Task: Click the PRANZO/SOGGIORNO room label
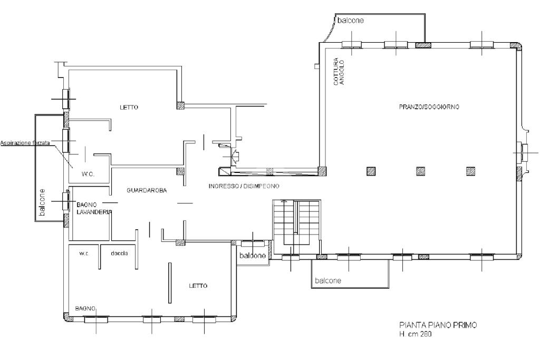(x=429, y=107)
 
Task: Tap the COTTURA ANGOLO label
(x=339, y=72)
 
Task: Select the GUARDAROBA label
(x=147, y=190)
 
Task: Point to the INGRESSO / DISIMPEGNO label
(x=244, y=186)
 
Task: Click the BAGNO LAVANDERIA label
(x=94, y=208)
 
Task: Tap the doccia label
(x=120, y=254)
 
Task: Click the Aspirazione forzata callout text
(x=25, y=143)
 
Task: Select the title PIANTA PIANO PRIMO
(x=438, y=325)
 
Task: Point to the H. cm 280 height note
(x=416, y=334)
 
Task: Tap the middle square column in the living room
(x=420, y=171)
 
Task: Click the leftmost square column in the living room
(x=371, y=171)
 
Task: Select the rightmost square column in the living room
(x=470, y=171)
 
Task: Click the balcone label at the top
(x=350, y=21)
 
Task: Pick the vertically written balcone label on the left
(x=42, y=202)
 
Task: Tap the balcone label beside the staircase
(x=253, y=256)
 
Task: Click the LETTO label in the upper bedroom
(x=129, y=108)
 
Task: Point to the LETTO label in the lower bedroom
(x=198, y=286)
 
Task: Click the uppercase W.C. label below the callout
(x=88, y=174)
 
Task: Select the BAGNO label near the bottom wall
(x=85, y=309)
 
